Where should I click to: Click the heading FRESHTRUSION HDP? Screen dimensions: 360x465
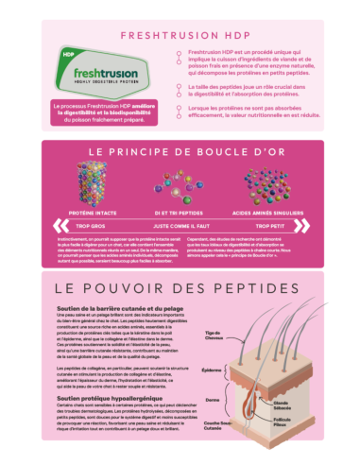180,35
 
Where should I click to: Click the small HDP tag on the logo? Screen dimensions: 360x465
64,53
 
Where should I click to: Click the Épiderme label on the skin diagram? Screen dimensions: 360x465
239,370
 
